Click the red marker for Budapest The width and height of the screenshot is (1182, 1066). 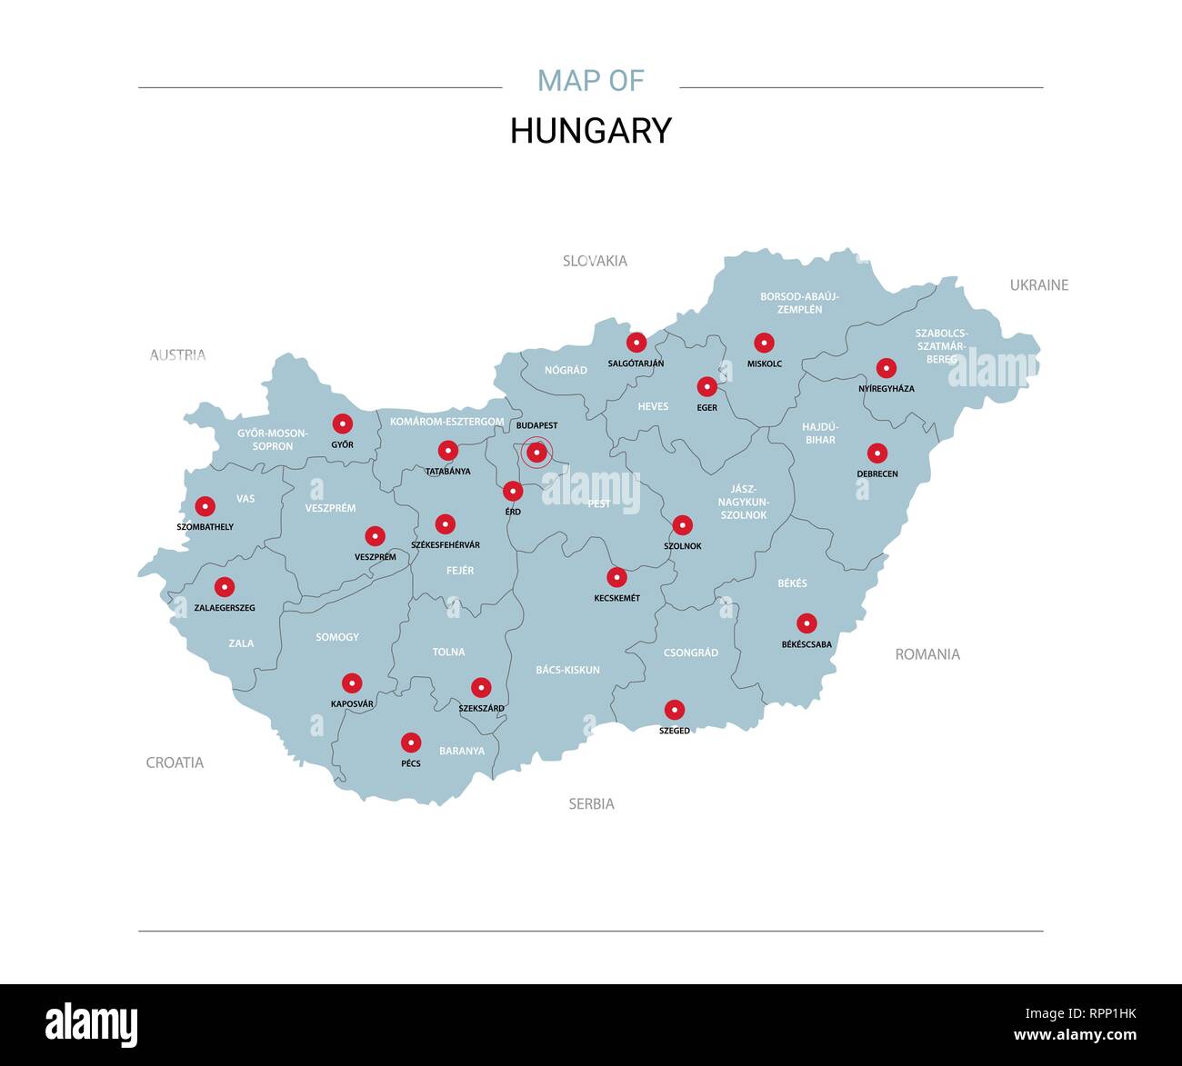point(536,452)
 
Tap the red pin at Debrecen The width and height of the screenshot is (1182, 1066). point(877,453)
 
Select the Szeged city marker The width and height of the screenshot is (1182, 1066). point(674,710)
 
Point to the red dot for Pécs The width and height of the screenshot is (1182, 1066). point(411,742)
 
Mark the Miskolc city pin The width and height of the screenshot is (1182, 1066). point(764,343)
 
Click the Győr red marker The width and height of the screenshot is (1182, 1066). point(342,423)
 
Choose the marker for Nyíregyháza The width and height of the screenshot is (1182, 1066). point(886,368)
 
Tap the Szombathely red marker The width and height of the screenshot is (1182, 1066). point(205,506)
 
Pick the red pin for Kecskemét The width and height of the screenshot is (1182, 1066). point(616,577)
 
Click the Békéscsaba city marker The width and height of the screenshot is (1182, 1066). point(806,623)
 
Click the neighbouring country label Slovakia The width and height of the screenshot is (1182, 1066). point(595,261)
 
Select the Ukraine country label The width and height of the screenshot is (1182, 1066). point(1038,285)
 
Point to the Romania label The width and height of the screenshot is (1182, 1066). point(927,654)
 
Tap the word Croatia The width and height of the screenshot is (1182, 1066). point(175,762)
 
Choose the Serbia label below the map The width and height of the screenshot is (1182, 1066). point(591,804)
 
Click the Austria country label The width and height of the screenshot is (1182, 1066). point(177,355)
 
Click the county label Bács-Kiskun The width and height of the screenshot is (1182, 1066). point(567,670)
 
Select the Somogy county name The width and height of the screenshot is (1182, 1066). point(336,637)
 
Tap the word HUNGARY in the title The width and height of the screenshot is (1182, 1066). point(590,131)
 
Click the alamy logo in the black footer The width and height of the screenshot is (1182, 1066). point(91,1024)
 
